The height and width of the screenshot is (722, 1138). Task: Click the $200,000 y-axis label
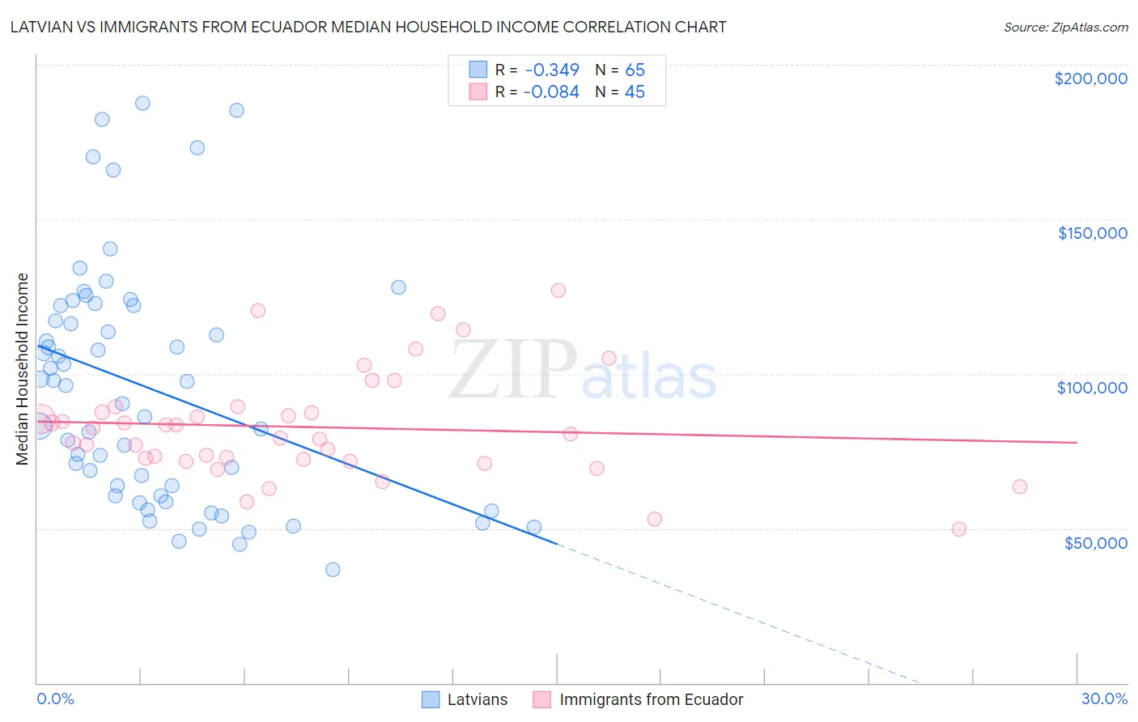pyautogui.click(x=1090, y=79)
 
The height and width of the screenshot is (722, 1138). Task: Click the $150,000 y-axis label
pyautogui.click(x=1092, y=233)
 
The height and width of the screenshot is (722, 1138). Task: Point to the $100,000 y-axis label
pyautogui.click(x=1092, y=388)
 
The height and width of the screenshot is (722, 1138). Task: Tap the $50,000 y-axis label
pyautogui.click(x=1095, y=542)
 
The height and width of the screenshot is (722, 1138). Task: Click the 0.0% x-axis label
pyautogui.click(x=55, y=699)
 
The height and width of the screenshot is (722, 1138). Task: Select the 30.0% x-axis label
pyautogui.click(x=1104, y=699)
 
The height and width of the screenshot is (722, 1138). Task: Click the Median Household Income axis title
pyautogui.click(x=22, y=369)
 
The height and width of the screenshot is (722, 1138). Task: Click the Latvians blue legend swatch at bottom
pyautogui.click(x=431, y=699)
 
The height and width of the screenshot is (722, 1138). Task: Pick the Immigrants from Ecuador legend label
pyautogui.click(x=651, y=699)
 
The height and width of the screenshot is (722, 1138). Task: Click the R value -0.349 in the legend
pyautogui.click(x=551, y=70)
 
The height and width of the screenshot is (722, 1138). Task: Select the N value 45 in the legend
pyautogui.click(x=635, y=91)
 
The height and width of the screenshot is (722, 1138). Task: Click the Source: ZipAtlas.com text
pyautogui.click(x=1065, y=27)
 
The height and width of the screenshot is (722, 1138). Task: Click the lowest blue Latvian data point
pyautogui.click(x=333, y=570)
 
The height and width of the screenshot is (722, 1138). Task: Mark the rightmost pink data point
pyautogui.click(x=1020, y=486)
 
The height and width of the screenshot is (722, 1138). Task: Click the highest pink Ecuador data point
pyautogui.click(x=558, y=290)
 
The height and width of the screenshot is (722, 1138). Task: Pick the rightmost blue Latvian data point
pyautogui.click(x=534, y=527)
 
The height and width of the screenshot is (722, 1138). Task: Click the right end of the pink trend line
pyautogui.click(x=1076, y=442)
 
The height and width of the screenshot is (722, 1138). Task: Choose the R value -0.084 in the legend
pyautogui.click(x=551, y=91)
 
